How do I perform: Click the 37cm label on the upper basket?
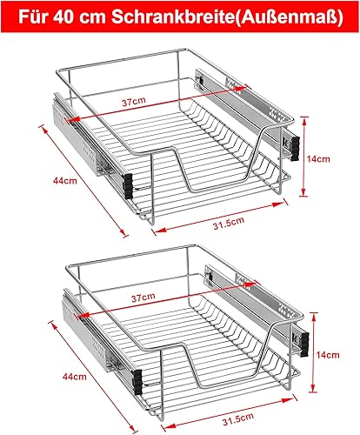tap(132, 102)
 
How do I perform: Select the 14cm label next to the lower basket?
tap(329, 355)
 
